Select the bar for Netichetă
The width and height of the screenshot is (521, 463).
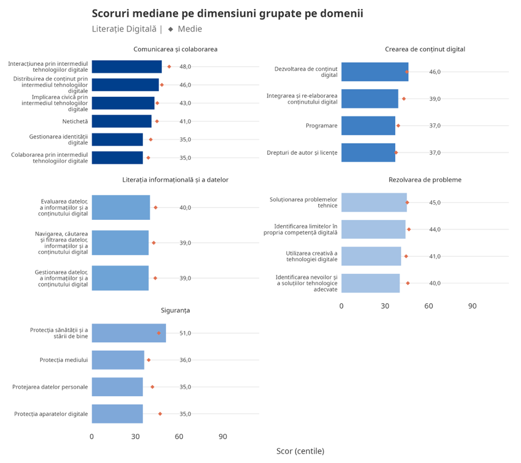pyautogui.click(x=121, y=121)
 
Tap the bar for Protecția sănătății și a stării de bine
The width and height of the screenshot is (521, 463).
pyautogui.click(x=129, y=333)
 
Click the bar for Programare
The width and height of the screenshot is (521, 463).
pyautogui.click(x=368, y=126)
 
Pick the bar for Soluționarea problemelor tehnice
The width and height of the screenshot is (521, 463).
pyautogui.click(x=373, y=203)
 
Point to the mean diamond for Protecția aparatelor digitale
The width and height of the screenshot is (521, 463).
pyautogui.click(x=160, y=413)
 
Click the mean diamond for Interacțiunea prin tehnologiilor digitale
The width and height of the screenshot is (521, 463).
pyautogui.click(x=169, y=66)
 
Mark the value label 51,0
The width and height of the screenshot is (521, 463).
pyautogui.click(x=185, y=333)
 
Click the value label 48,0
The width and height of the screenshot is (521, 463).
pyautogui.click(x=185, y=67)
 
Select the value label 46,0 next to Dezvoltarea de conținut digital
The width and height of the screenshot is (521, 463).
pyautogui.click(x=435, y=72)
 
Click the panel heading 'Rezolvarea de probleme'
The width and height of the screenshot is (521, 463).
pyautogui.click(x=425, y=180)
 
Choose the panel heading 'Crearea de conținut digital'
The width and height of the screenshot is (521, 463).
pyautogui.click(x=425, y=49)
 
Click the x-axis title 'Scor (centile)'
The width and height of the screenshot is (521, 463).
pyautogui.click(x=300, y=451)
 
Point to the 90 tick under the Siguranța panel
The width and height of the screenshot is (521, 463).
pyautogui.click(x=223, y=437)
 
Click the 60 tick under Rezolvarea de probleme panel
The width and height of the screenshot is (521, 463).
pyautogui.click(x=429, y=306)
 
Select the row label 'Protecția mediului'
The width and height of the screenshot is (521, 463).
pyautogui.click(x=63, y=360)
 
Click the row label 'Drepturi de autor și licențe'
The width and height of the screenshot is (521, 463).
pyautogui.click(x=302, y=152)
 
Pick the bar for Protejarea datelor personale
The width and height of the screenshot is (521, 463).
pyautogui.click(x=117, y=387)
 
